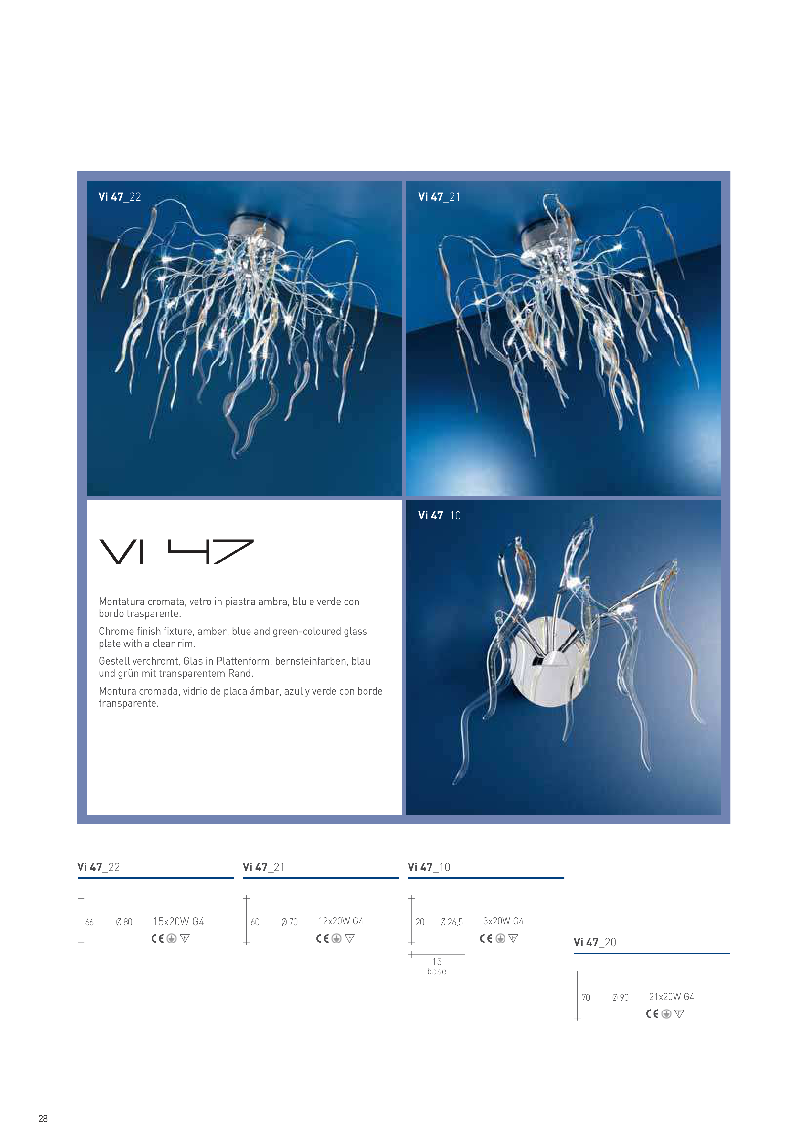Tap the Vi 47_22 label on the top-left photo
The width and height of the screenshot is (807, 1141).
click(120, 197)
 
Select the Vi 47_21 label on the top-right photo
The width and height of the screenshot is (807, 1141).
click(439, 197)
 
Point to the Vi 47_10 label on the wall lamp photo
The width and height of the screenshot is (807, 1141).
click(440, 516)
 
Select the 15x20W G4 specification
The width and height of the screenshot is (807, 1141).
click(178, 922)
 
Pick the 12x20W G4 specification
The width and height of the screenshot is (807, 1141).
click(341, 921)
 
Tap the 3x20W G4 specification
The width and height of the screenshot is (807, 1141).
click(503, 921)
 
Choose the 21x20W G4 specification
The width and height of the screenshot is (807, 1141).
click(671, 997)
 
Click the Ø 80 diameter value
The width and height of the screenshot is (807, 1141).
click(124, 922)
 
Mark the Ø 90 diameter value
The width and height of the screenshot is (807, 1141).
click(621, 998)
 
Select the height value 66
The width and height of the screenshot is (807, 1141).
click(90, 922)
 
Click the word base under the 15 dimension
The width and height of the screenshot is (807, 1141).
click(437, 971)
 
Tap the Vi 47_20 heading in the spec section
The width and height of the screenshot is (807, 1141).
click(595, 942)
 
